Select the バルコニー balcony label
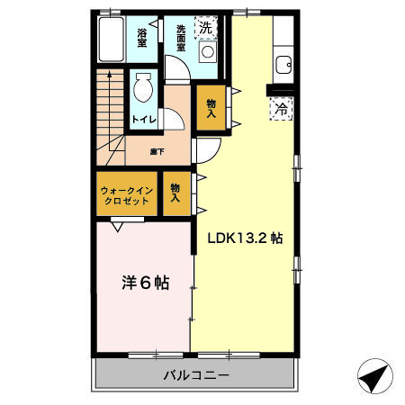195,374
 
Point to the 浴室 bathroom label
142,37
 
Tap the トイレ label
141,118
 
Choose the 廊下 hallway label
157,151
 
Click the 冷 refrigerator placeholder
282,108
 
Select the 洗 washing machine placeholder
206,27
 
